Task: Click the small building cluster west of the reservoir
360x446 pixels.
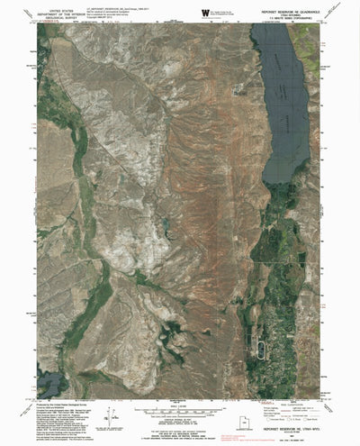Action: [238, 89]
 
